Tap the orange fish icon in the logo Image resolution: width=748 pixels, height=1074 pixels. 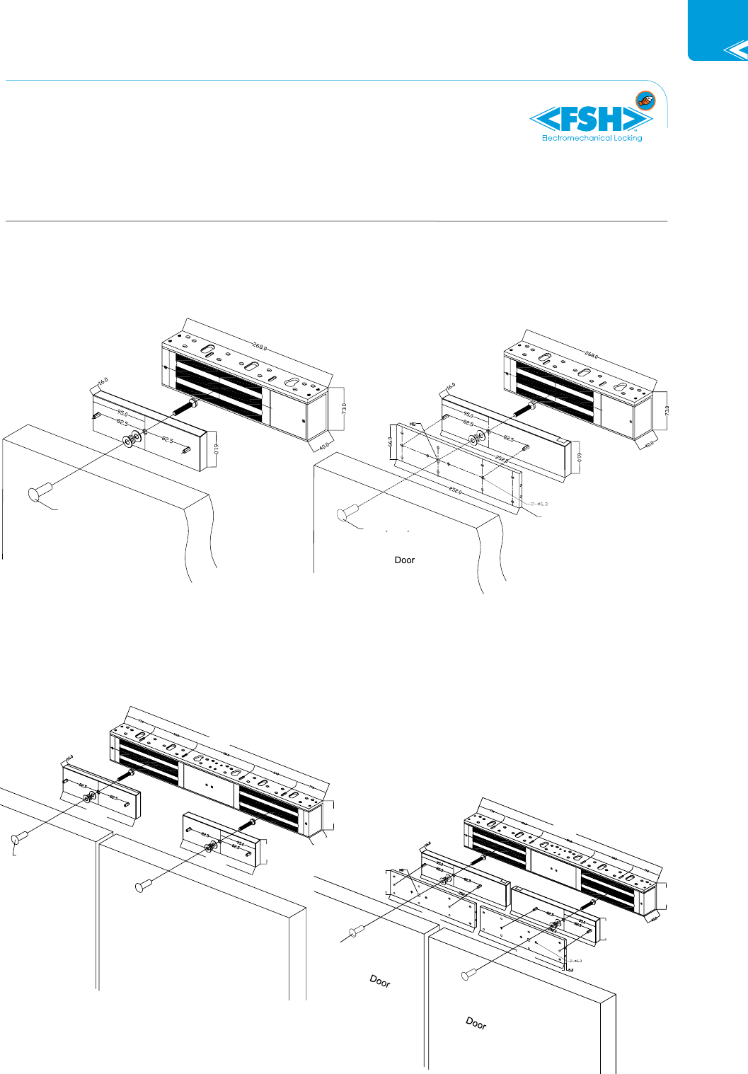645,100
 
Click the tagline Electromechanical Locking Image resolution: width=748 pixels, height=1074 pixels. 592,139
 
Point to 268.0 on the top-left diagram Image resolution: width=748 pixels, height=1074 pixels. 259,347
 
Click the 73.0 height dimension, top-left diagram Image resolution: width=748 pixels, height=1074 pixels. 344,409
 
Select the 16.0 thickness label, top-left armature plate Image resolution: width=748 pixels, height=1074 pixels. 103,382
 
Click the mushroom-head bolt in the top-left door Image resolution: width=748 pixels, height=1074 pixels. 39,492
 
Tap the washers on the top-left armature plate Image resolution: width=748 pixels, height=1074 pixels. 133,439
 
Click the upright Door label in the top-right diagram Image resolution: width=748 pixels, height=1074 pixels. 405,560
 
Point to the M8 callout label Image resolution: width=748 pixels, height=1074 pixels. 413,425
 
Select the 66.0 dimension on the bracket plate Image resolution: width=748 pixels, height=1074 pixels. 390,441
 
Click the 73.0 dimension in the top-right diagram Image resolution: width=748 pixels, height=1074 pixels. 667,410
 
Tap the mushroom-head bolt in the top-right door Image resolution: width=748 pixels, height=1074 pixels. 348,514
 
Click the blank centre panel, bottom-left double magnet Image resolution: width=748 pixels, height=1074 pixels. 208,785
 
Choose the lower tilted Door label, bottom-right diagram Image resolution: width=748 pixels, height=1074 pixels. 476,1023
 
